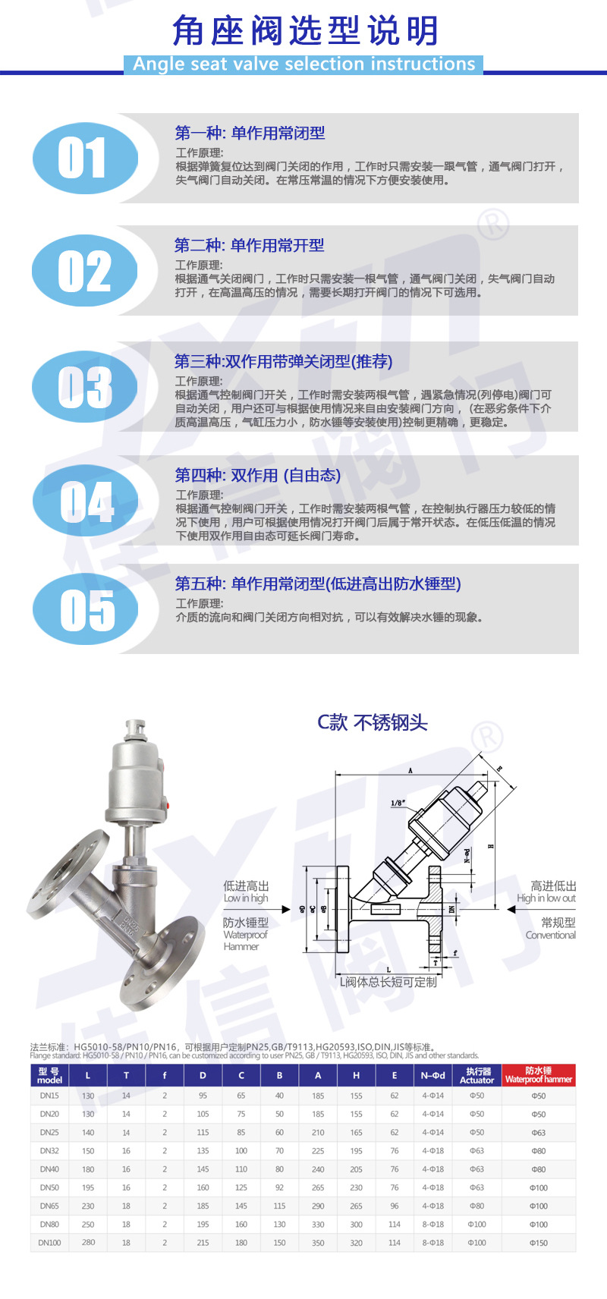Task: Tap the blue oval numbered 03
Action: coord(85,387)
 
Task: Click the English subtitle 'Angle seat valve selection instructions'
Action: coord(303,64)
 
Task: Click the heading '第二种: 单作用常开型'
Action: coord(249,245)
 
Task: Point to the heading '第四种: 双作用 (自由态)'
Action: coord(257,475)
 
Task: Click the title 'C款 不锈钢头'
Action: coord(372,722)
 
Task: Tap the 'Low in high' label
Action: coord(246,898)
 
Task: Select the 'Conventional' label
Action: coord(550,936)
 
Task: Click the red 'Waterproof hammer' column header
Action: coord(538,1075)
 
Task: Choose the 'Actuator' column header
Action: coord(476,1075)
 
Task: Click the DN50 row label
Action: coord(49,1187)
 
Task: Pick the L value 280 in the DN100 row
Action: coord(88,1243)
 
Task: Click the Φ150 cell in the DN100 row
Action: coord(538,1243)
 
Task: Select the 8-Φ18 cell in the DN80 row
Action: coord(433,1225)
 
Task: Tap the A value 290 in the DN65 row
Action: coord(318,1206)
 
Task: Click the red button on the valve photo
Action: coord(175,806)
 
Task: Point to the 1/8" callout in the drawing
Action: coord(398,803)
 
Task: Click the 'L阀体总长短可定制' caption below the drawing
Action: coord(388,983)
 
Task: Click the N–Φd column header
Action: coord(433,1075)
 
